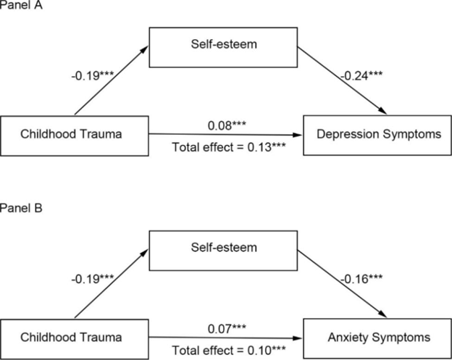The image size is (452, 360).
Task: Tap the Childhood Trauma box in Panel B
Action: (75, 336)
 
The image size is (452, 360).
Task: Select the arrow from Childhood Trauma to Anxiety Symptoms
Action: (225, 336)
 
